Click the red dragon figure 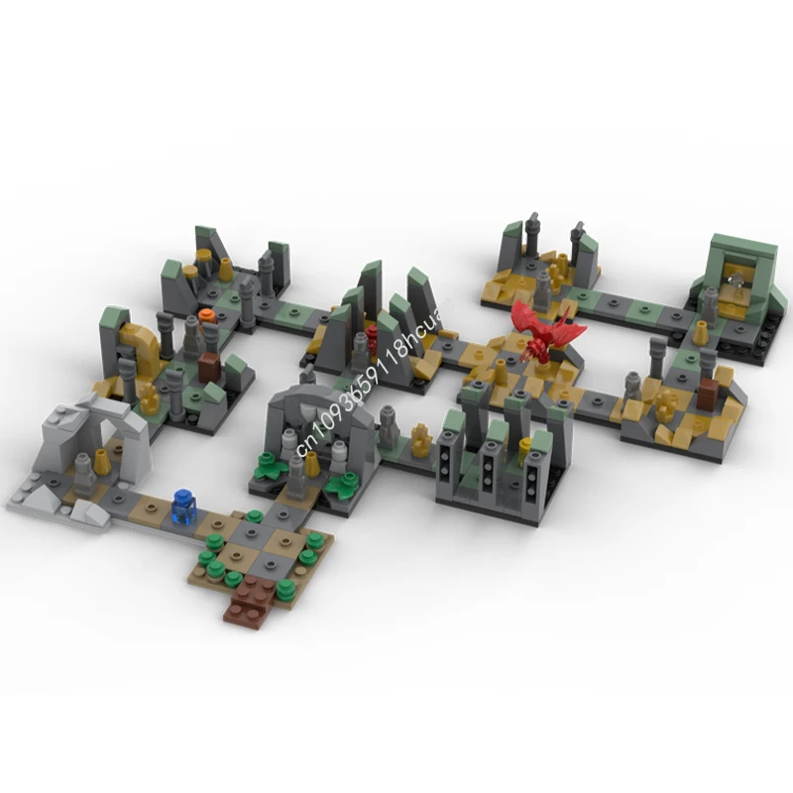(543, 331)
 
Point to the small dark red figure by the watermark (373, 338)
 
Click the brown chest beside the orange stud (209, 367)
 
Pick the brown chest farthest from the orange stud (707, 395)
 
